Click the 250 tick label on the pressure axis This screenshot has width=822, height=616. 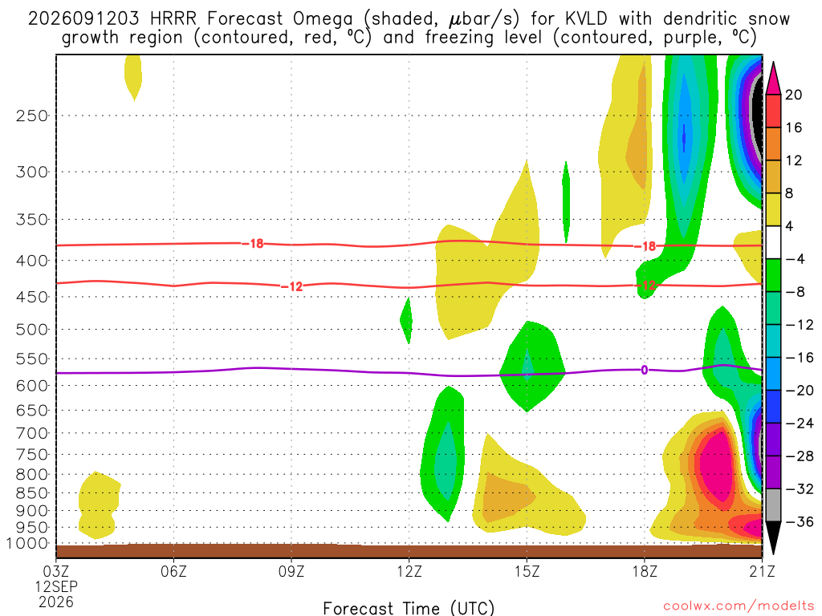point(32,115)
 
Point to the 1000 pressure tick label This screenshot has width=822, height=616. point(26,544)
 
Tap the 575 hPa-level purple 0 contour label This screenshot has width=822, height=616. point(645,371)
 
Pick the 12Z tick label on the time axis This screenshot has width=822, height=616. point(409,571)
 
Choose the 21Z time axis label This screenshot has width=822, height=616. point(762,571)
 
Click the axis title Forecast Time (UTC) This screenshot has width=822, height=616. point(409,608)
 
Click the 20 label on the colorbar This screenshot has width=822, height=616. point(793,95)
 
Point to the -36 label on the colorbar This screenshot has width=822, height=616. point(799,521)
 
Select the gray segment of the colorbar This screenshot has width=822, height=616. point(773,505)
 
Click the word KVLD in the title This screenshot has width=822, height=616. point(587,19)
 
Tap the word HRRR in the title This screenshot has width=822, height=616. point(173,19)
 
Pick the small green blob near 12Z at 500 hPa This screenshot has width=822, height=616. point(405,320)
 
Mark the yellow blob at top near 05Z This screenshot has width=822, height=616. point(133,76)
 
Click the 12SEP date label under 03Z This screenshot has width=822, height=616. point(56,586)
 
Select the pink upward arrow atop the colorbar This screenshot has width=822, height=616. point(773,78)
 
